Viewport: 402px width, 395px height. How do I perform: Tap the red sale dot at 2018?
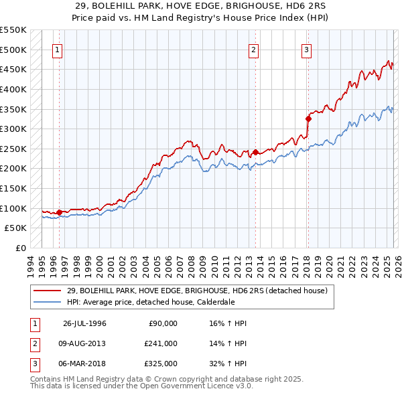[308, 119]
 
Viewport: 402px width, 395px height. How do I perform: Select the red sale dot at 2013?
[255, 152]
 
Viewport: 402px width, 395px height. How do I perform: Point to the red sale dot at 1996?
[60, 212]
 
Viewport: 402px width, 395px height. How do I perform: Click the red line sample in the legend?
[48, 291]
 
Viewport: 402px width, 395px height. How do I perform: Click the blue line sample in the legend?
[48, 302]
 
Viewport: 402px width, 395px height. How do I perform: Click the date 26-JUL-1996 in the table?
[84, 323]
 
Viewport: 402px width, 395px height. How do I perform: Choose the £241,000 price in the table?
[161, 343]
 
